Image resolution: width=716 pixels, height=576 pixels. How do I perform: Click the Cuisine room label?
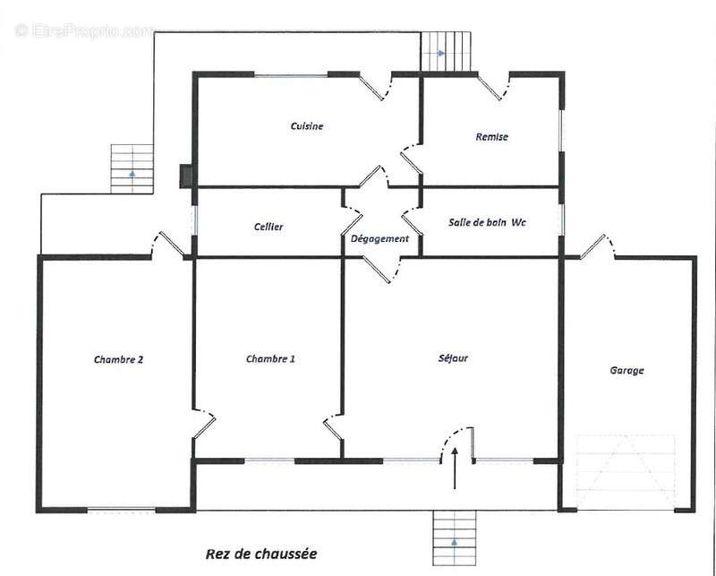coord(307,125)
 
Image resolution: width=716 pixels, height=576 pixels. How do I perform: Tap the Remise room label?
coord(491,137)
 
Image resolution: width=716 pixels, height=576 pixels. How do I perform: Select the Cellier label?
coord(268,227)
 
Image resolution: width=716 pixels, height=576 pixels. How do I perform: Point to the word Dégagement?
coord(379,238)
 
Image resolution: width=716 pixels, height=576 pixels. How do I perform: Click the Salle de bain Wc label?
coord(487,222)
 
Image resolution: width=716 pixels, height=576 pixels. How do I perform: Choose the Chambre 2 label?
coord(118,360)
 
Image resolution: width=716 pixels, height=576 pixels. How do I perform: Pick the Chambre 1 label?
coord(270,359)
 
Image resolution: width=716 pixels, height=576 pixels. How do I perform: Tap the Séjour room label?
coord(453,358)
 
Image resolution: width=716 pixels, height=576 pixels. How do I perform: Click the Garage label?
coord(627,370)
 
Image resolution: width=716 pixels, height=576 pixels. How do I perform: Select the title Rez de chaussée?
coord(261,555)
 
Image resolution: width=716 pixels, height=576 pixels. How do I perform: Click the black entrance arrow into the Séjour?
coord(455,469)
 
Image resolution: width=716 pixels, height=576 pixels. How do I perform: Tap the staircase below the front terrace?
coord(455,537)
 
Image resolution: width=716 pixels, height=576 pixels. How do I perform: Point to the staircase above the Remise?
coord(446,51)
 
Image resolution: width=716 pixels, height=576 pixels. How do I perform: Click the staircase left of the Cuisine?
coord(132,168)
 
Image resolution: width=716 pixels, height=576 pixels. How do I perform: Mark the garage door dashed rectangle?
coord(626,472)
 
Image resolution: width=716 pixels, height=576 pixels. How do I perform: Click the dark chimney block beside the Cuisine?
coord(185,176)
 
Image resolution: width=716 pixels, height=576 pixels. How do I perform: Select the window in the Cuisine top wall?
coord(291,74)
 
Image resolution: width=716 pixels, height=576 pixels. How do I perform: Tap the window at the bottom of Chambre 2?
coord(122,510)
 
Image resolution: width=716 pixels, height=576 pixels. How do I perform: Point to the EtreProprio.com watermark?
coord(85,31)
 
